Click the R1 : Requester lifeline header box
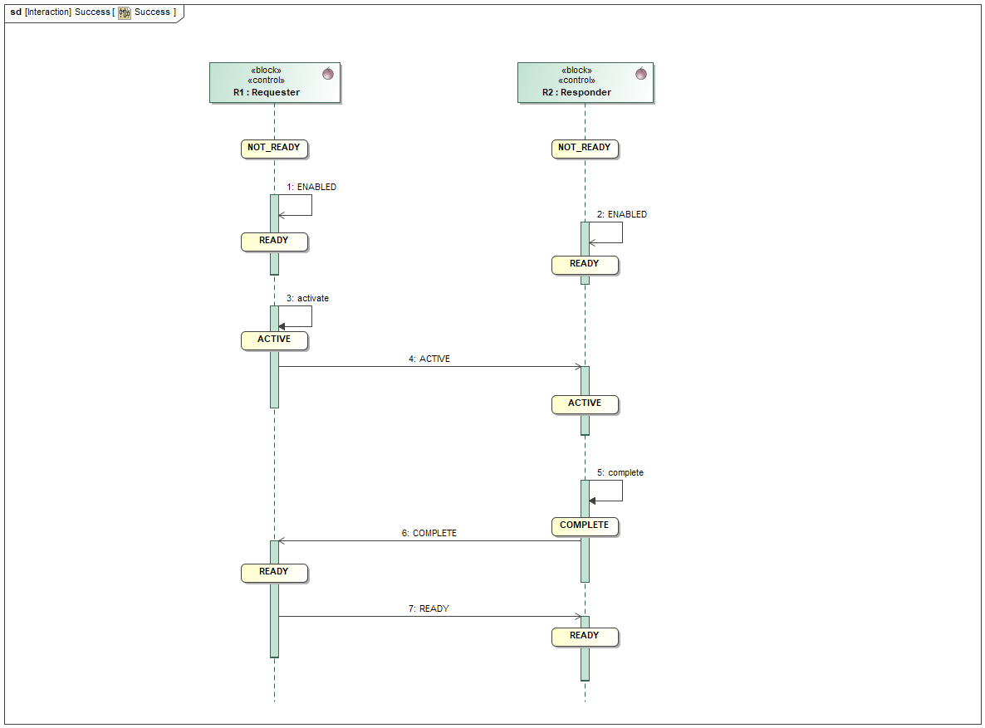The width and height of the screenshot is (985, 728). (275, 82)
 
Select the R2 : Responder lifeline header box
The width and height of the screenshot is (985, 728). (585, 82)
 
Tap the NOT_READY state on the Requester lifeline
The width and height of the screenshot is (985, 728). (274, 149)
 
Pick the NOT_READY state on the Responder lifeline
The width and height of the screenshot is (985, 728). (585, 149)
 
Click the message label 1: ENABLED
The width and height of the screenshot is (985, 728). (311, 188)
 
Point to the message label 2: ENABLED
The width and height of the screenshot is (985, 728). (622, 214)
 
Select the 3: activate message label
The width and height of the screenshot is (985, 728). (307, 298)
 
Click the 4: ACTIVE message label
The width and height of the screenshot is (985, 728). (429, 359)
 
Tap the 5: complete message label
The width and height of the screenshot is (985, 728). (620, 473)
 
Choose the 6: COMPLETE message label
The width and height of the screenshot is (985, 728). (429, 534)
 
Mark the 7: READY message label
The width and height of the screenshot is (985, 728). (429, 609)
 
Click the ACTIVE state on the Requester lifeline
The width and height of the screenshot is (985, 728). (274, 340)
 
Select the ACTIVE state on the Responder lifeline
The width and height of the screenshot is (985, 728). (585, 404)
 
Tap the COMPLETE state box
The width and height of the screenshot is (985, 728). (585, 526)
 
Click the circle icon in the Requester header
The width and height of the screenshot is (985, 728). (328, 74)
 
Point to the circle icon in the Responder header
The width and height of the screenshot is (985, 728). (640, 74)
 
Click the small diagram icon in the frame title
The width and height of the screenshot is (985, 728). (125, 13)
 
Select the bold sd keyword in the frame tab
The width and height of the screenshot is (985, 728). (16, 12)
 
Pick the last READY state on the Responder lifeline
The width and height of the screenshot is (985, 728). (585, 637)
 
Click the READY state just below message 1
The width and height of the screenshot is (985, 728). (274, 242)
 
